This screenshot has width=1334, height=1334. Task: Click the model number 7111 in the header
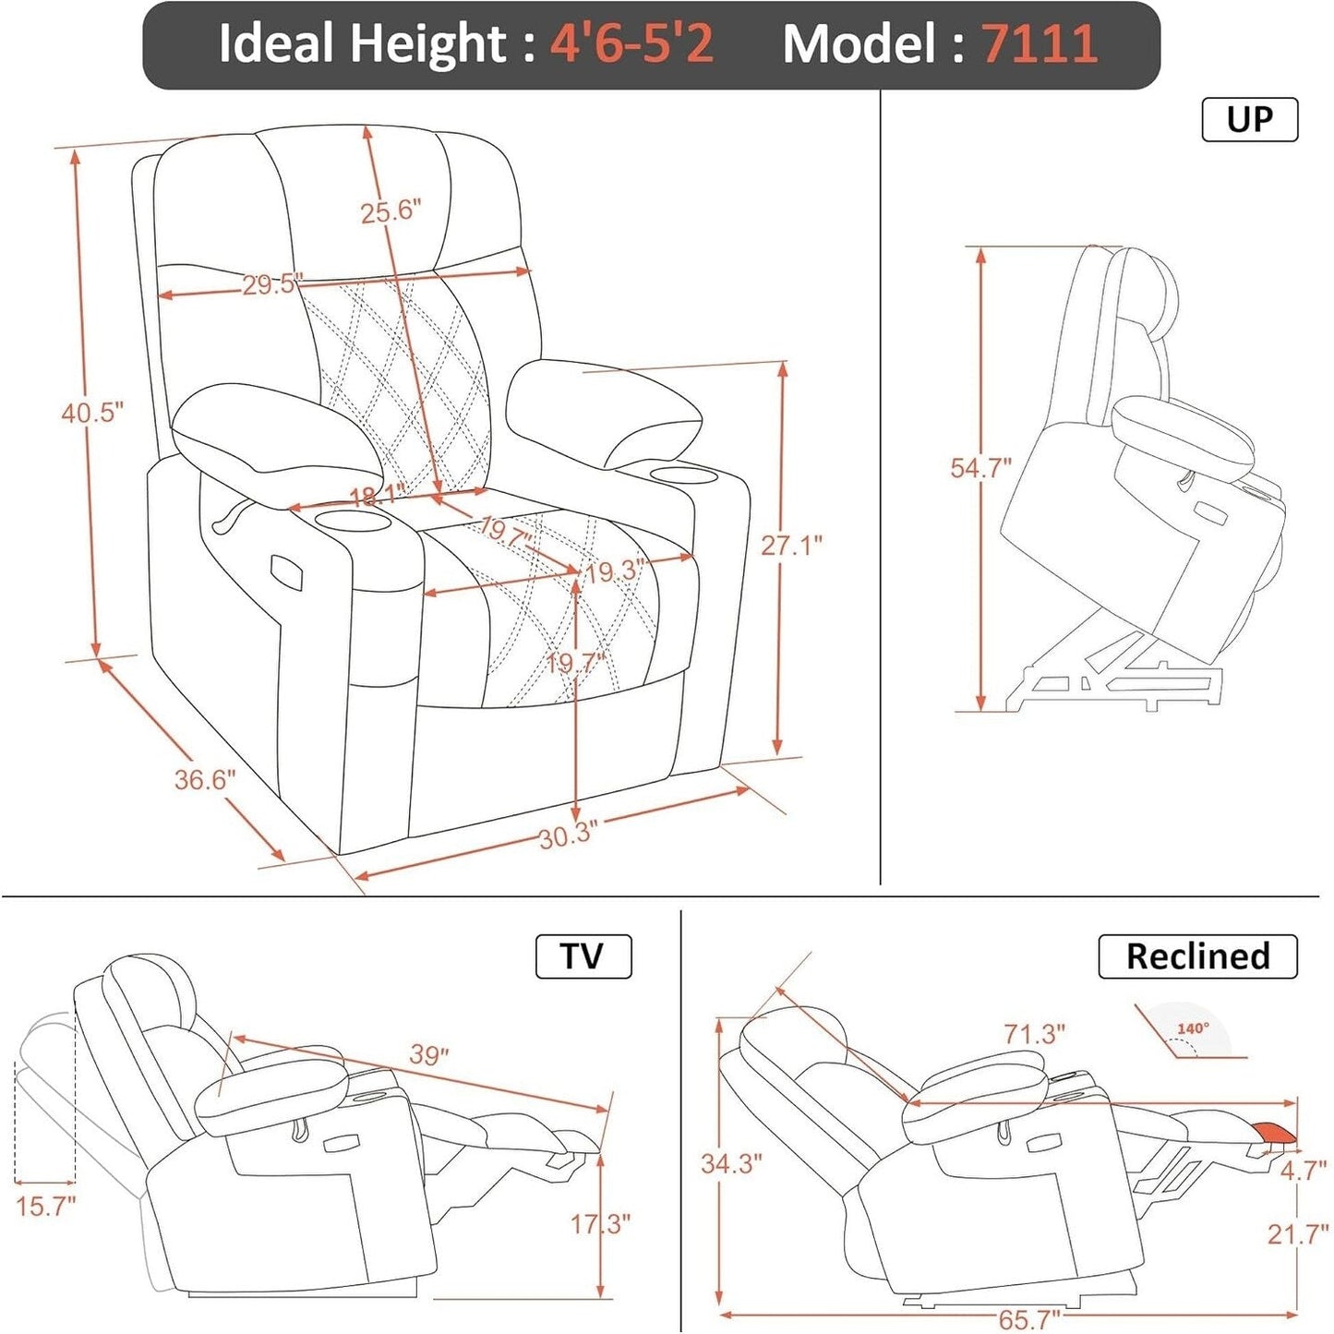(1039, 43)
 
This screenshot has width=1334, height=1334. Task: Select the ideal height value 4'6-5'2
(631, 43)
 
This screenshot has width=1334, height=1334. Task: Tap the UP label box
(1249, 119)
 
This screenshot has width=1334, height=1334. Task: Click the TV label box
(583, 956)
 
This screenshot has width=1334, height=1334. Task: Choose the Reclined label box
(1197, 956)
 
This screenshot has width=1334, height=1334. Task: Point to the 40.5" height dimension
(91, 413)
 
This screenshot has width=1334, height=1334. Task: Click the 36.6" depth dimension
(205, 780)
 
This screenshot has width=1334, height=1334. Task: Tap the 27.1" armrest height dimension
(791, 546)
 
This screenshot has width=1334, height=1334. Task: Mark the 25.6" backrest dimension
(391, 211)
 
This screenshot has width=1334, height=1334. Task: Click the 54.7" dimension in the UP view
(980, 468)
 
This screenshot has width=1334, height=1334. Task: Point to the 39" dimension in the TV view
(428, 1054)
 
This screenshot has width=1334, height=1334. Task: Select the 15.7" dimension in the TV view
(44, 1206)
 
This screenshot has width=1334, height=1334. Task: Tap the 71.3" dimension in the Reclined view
(1034, 1034)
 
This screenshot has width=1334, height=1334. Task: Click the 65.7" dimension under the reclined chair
(1028, 1319)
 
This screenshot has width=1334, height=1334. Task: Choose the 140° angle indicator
(1191, 1030)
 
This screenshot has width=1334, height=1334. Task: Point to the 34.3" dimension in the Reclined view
(731, 1163)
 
